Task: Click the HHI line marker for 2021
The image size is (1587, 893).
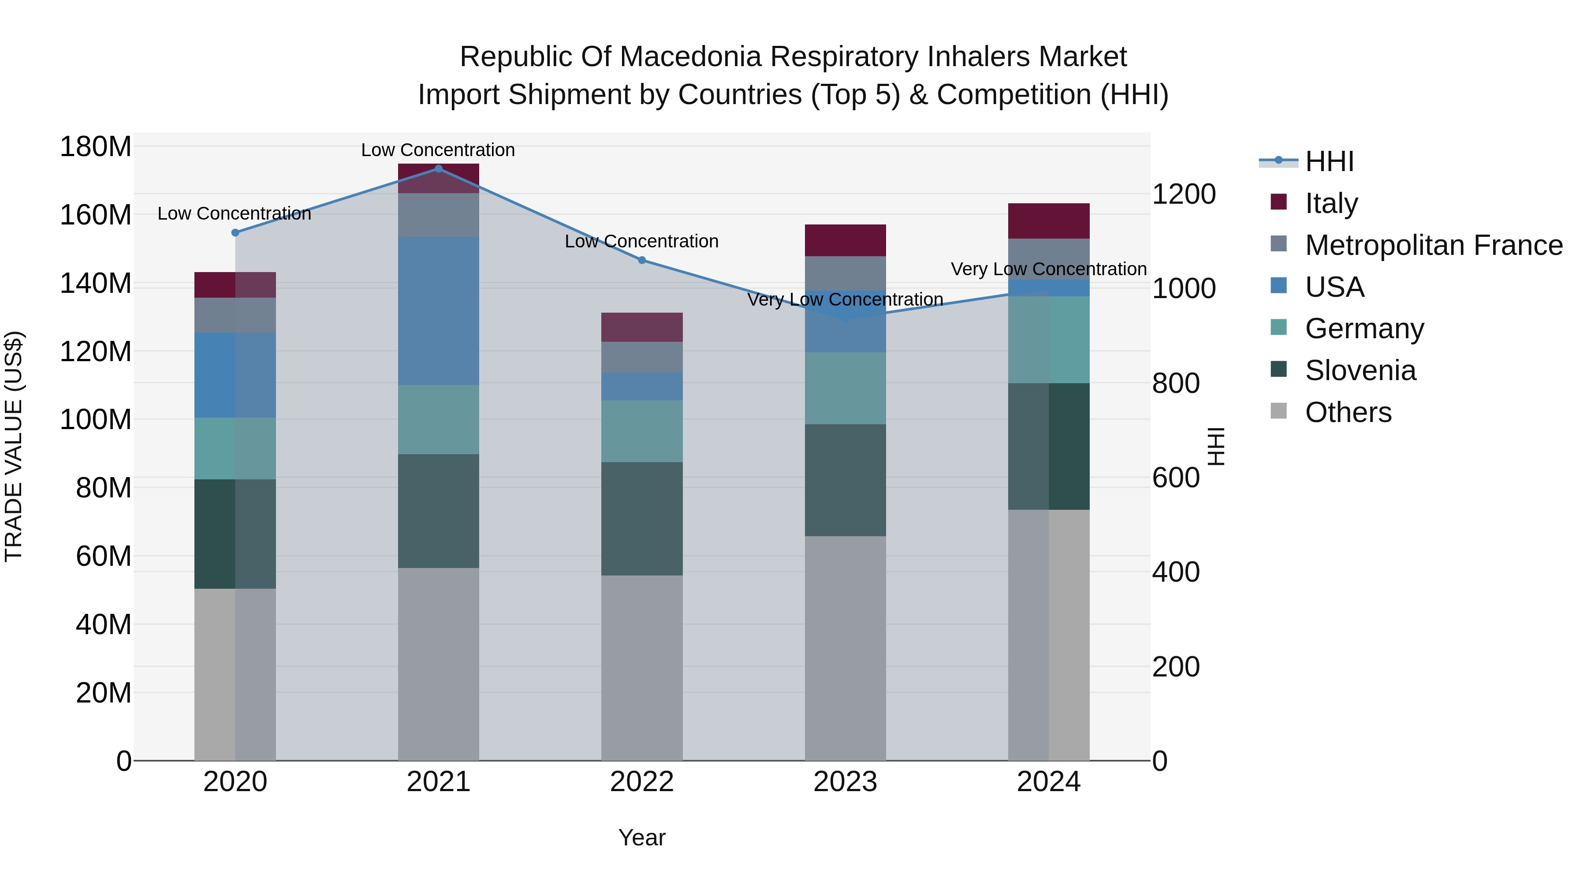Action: pos(438,168)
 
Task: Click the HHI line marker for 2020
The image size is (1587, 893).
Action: pos(235,232)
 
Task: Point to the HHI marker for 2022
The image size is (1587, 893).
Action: pos(641,260)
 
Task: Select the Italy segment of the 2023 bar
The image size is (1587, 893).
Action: pos(845,240)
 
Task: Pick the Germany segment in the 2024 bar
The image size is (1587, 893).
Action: pos(1049,340)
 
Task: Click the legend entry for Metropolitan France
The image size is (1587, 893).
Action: pos(1433,245)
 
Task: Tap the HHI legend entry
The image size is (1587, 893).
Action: pos(1329,161)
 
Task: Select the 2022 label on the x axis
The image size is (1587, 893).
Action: pos(641,782)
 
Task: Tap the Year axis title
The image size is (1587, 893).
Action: pos(641,837)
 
